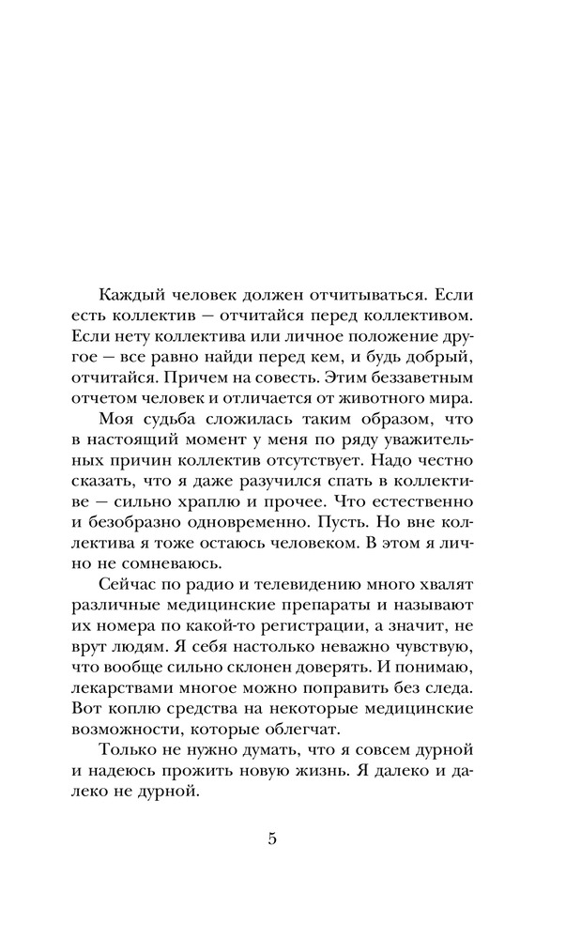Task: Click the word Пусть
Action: point(336,555)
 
